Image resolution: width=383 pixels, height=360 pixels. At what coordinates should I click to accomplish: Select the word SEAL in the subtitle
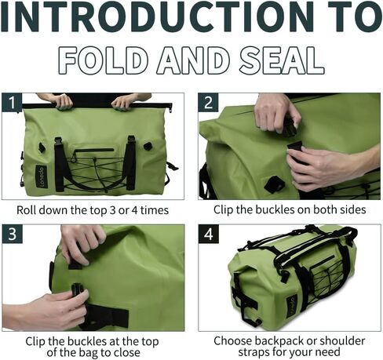click(278, 61)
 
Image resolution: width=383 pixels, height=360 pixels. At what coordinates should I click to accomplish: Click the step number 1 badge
click(12, 103)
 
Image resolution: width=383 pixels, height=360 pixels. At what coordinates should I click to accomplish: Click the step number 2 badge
click(208, 103)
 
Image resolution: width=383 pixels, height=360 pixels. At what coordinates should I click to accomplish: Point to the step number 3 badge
click(12, 235)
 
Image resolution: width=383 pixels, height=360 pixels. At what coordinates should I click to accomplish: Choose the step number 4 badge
click(208, 235)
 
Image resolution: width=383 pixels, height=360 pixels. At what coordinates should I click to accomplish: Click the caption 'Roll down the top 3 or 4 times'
click(93, 210)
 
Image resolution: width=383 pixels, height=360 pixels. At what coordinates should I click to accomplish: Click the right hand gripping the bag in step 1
click(125, 101)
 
